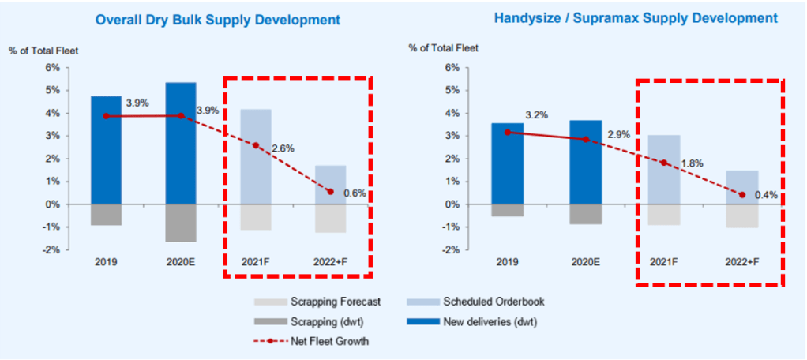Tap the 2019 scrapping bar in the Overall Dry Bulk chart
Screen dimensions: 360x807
tap(107, 215)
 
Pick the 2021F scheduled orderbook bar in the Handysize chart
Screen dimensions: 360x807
tap(663, 169)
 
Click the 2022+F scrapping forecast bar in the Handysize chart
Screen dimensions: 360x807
tap(741, 216)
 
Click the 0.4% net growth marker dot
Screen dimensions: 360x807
tap(741, 195)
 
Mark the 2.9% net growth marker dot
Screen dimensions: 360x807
tap(585, 139)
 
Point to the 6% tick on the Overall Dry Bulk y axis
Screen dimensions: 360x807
tap(53, 68)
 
